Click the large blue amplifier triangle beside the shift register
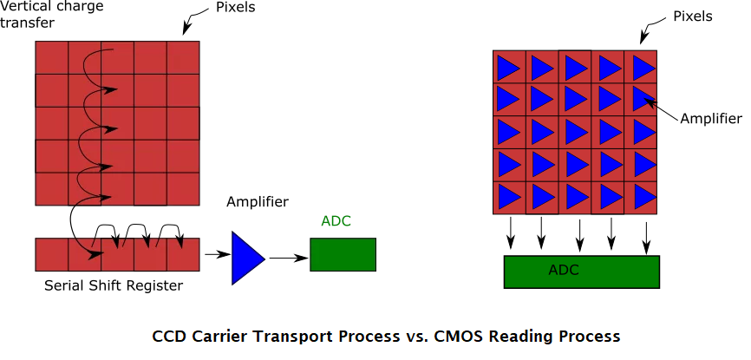(x=246, y=258)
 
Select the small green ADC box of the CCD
(x=343, y=254)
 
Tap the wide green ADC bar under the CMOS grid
(x=580, y=272)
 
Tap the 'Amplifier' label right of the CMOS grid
(x=711, y=118)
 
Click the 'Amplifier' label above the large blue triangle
(x=258, y=202)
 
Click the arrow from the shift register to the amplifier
(x=215, y=256)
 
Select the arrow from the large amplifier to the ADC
(x=289, y=258)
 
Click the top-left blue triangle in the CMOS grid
(x=508, y=67)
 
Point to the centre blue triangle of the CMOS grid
(x=577, y=132)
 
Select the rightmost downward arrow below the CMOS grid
(x=646, y=234)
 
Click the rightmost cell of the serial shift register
(x=183, y=254)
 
